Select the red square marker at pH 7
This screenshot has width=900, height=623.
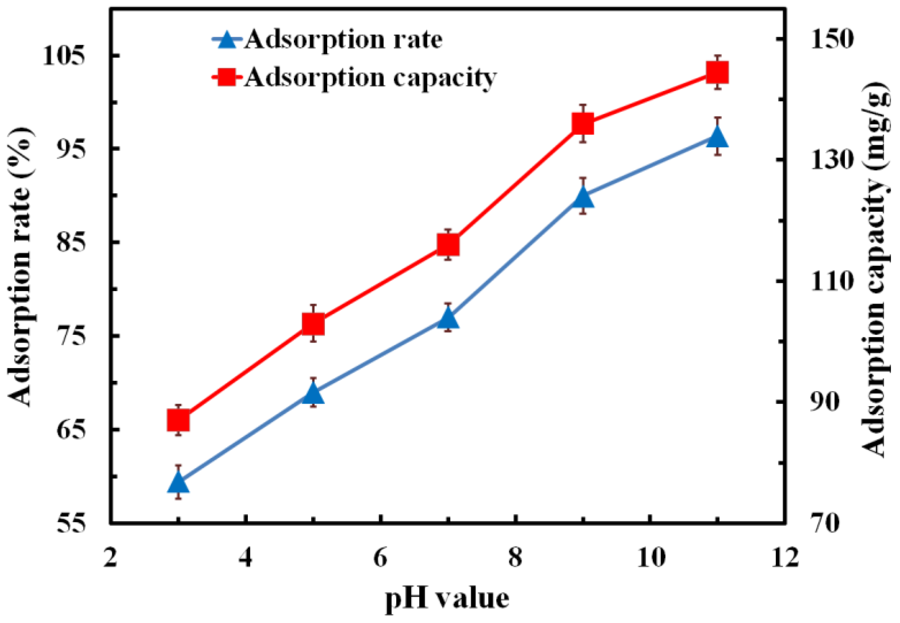coord(448,245)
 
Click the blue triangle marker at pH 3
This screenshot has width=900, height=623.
coord(179,483)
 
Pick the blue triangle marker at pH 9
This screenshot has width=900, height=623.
coord(583,197)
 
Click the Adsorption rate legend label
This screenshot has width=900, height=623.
coord(343,40)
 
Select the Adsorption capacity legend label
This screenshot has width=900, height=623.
coord(371,77)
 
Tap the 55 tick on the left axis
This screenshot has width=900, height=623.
coord(71,523)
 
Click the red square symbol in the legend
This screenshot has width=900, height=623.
coord(226,77)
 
